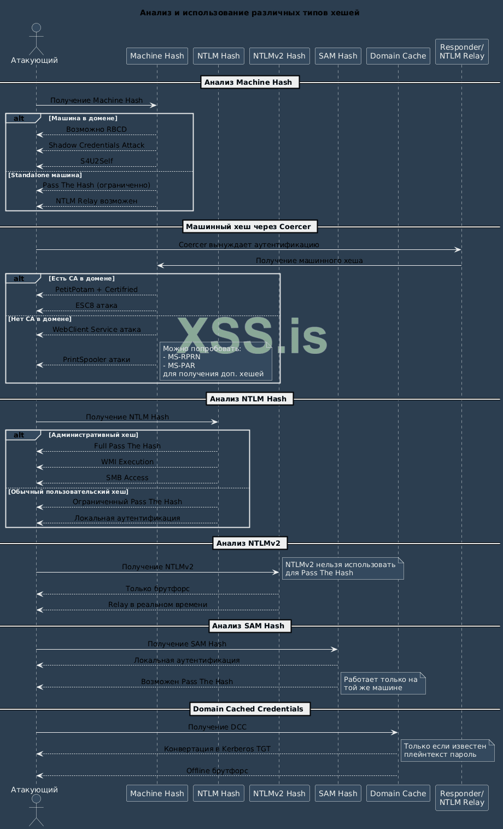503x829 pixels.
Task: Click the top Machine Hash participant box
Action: click(x=157, y=56)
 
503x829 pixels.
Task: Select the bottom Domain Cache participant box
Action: click(x=398, y=793)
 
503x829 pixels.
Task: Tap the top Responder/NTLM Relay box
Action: click(x=461, y=51)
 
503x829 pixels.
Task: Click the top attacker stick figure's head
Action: click(x=36, y=28)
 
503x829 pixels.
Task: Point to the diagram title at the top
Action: click(x=249, y=13)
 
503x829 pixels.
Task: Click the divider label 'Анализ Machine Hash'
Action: click(x=250, y=82)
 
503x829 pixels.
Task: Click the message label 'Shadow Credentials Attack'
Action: click(x=96, y=145)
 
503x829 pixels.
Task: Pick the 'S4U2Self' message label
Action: click(x=96, y=161)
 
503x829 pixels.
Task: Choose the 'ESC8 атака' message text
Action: click(x=96, y=306)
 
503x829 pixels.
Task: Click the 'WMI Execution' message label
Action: click(x=127, y=462)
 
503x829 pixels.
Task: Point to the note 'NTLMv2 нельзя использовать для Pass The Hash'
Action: click(x=342, y=569)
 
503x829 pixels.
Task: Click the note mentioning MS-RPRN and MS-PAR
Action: click(x=215, y=361)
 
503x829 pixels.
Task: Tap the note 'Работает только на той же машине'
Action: click(x=382, y=684)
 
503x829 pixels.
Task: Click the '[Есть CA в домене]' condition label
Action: click(x=81, y=278)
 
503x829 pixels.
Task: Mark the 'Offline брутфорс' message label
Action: click(x=217, y=771)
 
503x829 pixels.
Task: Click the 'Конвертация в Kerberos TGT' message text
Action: click(x=217, y=749)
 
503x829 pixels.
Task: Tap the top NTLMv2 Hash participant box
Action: click(x=279, y=56)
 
